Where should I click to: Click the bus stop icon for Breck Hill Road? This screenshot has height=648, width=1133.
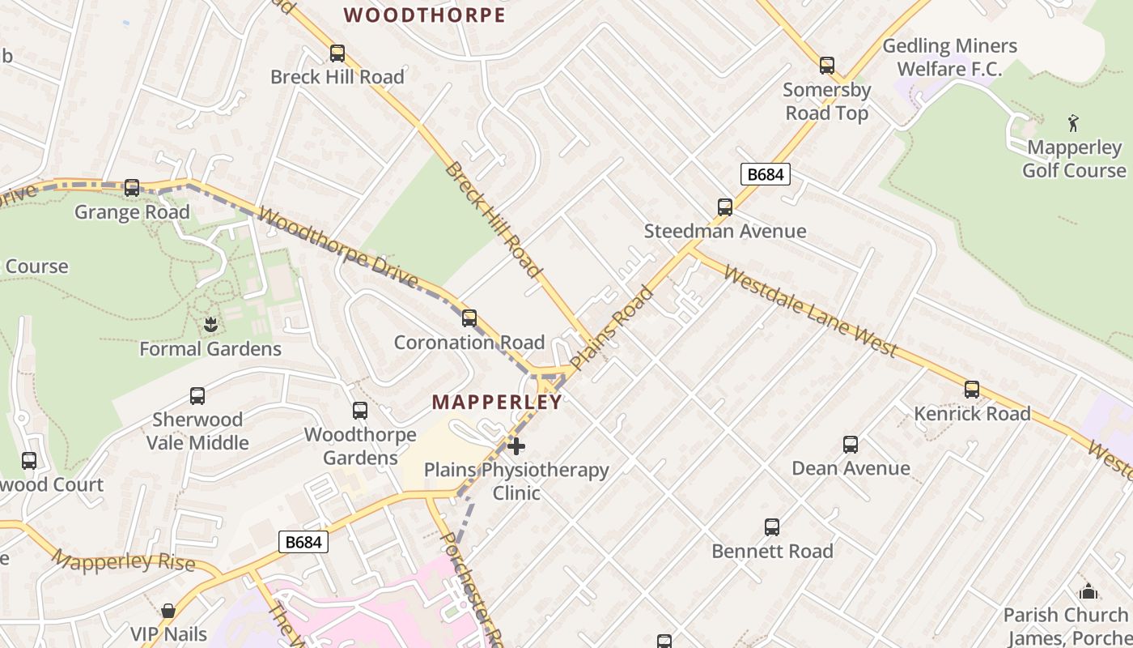(337, 53)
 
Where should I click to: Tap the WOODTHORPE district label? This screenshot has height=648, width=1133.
(425, 15)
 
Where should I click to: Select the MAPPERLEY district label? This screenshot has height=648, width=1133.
(497, 403)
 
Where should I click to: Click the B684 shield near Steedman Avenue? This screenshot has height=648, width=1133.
(765, 174)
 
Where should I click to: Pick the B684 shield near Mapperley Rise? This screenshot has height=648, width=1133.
(303, 542)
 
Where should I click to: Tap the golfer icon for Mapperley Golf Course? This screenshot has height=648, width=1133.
(1074, 123)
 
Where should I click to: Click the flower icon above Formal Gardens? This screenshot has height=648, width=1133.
(210, 325)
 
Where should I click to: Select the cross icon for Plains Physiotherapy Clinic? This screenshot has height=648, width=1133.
(516, 446)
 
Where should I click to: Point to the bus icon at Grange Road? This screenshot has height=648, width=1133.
(132, 188)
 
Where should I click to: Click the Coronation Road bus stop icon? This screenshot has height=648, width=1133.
(469, 318)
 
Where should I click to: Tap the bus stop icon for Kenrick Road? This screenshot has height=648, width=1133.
(972, 390)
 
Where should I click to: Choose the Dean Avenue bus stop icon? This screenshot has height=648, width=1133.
(851, 444)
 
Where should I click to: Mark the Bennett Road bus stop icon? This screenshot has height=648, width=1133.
(772, 527)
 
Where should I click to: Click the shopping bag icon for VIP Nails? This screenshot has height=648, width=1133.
(168, 610)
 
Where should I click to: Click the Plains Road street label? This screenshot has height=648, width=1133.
(611, 328)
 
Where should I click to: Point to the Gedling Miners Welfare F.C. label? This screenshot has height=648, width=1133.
(949, 57)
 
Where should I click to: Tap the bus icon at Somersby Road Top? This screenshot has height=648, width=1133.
(826, 66)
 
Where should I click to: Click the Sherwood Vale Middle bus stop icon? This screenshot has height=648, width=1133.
(197, 396)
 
